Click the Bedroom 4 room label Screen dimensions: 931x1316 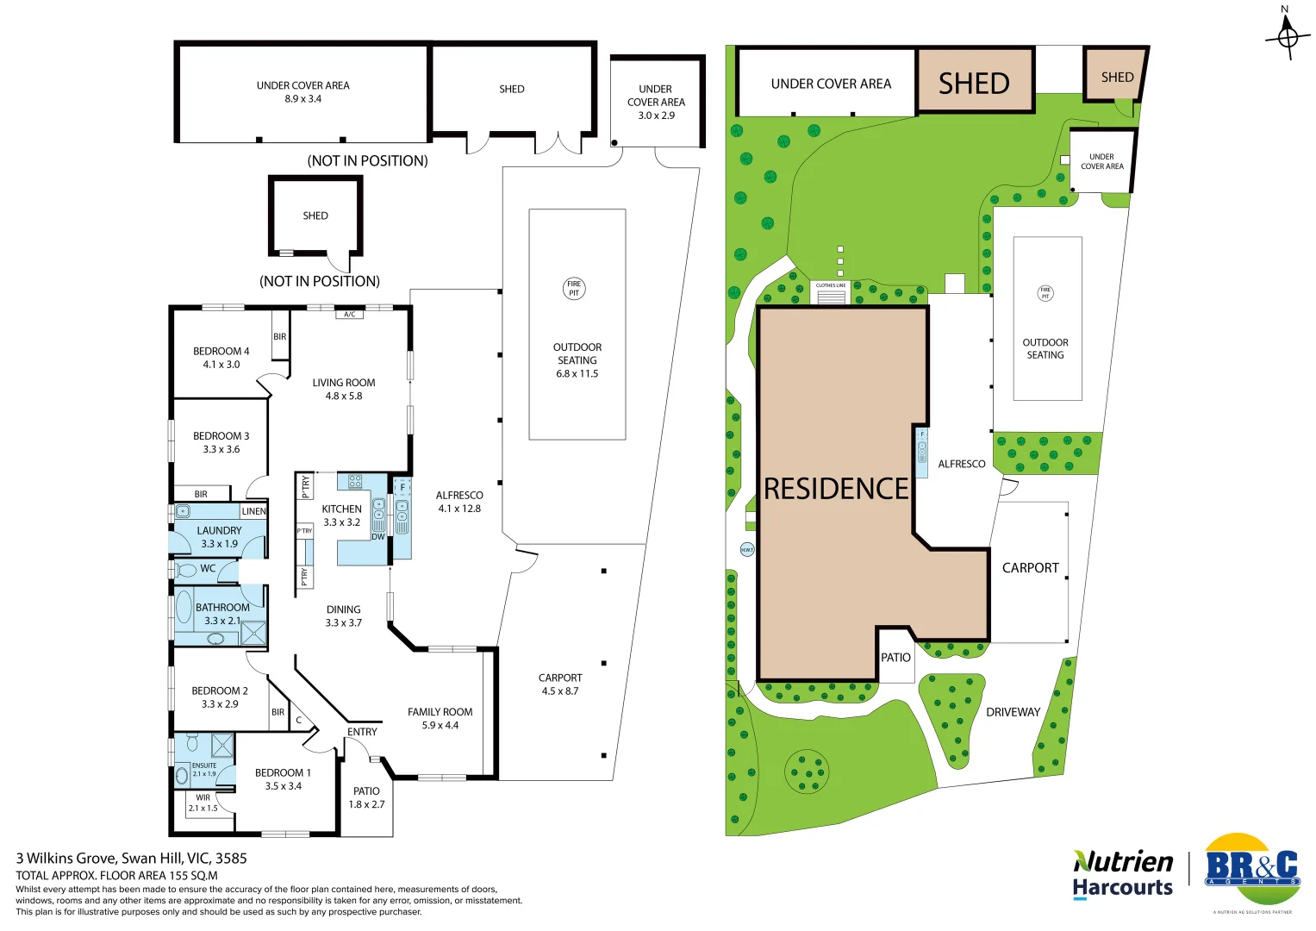221,358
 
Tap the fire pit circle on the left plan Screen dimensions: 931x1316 574,289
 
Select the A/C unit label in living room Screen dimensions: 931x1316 349,315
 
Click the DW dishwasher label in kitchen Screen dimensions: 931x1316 378,537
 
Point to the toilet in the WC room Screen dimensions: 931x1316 187,570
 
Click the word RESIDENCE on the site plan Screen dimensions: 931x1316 836,489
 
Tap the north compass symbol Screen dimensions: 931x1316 1287,36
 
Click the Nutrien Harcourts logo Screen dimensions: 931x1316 1123,874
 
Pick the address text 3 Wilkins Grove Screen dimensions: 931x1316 131,859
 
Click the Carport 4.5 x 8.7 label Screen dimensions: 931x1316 560,684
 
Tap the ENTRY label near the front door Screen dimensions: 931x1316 362,732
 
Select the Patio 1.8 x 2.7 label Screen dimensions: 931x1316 366,797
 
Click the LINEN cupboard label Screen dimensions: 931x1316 253,511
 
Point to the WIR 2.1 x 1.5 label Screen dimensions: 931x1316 203,803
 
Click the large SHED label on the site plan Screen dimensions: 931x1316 974,84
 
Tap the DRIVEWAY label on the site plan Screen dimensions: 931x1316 1013,712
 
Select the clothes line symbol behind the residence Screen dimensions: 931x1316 831,293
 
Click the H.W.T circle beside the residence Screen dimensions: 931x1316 747,549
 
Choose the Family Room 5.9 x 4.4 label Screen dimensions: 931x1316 440,718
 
